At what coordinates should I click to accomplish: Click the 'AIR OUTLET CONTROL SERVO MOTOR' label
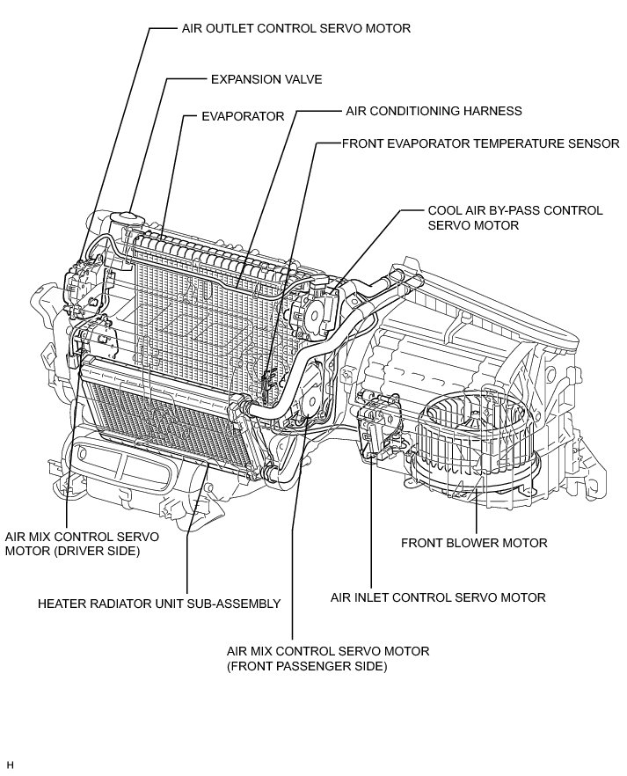[296, 29]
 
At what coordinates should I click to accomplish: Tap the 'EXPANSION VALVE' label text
[266, 79]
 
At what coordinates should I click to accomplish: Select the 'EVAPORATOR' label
[243, 116]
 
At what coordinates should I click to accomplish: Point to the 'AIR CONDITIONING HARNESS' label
[434, 111]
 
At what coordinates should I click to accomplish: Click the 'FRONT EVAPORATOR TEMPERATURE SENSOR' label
[481, 143]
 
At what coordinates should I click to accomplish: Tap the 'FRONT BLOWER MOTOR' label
[474, 543]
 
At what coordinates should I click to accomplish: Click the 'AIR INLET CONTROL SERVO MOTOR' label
[438, 597]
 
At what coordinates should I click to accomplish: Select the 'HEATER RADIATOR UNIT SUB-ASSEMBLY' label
[159, 604]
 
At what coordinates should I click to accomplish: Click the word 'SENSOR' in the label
[592, 143]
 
